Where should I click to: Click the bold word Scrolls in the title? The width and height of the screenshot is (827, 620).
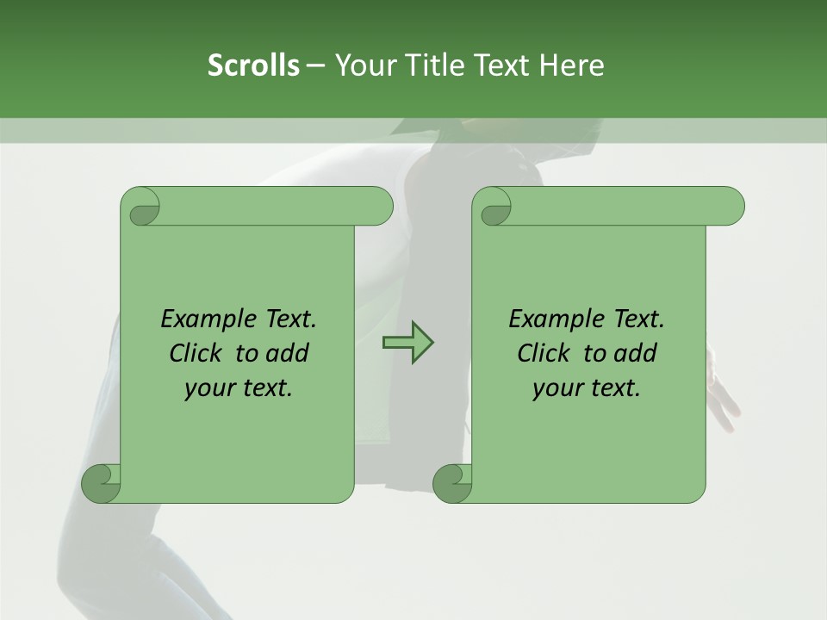point(253,65)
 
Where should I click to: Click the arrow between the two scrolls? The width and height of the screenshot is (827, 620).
point(407,342)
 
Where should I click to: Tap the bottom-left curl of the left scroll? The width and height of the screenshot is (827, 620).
point(102,482)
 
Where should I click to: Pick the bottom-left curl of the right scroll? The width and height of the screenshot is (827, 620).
point(452,482)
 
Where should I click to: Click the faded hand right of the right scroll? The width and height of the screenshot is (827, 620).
point(721,392)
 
